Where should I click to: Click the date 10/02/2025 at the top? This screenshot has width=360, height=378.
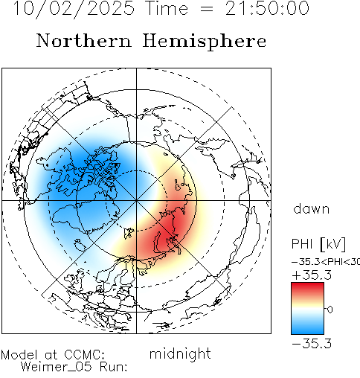coord(74,9)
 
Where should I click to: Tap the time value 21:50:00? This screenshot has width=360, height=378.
coord(267,8)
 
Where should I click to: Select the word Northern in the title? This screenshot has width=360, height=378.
coord(84,40)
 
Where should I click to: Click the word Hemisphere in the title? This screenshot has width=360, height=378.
coord(205,42)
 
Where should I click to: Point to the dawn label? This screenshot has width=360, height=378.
coord(312,209)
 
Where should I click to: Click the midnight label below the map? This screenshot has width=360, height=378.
coord(180,353)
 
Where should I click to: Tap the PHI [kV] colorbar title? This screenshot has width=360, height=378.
coord(318,244)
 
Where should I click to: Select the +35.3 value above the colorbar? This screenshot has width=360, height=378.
coord(312,275)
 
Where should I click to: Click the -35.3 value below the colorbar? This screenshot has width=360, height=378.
coord(312,344)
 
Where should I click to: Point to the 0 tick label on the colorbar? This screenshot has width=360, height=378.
coord(330,310)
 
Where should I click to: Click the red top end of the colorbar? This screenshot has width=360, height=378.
coord(307,285)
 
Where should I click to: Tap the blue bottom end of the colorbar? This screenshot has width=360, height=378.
coord(307,331)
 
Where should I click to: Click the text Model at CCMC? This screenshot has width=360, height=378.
coord(53,355)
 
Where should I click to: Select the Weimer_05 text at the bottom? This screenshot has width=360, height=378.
coord(56,367)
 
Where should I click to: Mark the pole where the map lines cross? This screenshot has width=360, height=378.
coord(136,200)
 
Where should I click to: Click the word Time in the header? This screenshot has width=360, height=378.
coord(167,8)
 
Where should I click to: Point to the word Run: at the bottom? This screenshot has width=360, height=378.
coord(114,367)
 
